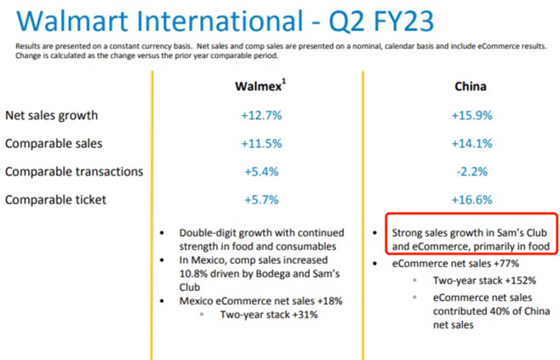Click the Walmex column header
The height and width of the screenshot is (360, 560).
pos(260,86)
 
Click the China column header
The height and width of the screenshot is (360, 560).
pos(471,87)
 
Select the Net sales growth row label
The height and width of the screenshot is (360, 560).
pos(51,116)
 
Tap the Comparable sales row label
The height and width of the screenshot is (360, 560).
pos(54,144)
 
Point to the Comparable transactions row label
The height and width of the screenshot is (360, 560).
pos(74,172)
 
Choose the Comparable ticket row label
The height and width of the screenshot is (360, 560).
pos(55,200)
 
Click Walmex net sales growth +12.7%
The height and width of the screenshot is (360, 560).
pos(262,116)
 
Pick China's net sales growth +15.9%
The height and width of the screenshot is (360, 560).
pos(472,116)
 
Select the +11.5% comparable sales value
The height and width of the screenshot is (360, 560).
pos(262,144)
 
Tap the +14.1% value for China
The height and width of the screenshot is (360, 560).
pos(472,144)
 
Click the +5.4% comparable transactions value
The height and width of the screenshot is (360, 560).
pos(261,172)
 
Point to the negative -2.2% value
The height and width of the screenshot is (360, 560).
pos(472,172)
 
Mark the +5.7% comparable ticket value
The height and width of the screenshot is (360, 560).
pos(261,200)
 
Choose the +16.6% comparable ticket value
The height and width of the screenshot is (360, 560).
pos(472,200)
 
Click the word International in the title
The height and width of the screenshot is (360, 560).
pos(220,20)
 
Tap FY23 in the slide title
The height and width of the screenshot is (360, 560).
pos(403,20)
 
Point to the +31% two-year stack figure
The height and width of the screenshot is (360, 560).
pos(305,315)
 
